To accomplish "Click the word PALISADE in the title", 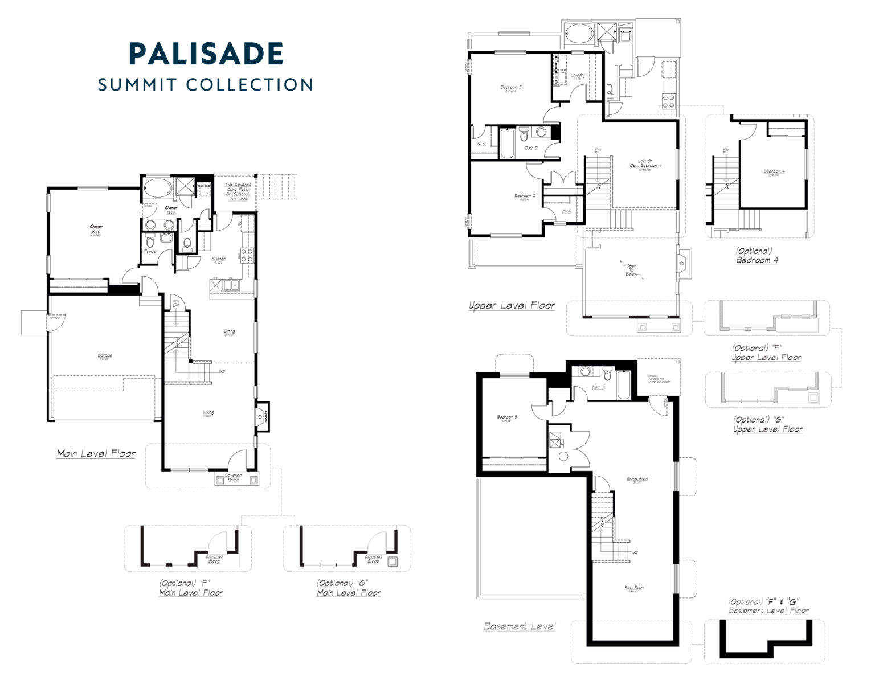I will pos(206,54).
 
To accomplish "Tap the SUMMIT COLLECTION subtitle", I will pos(206,84).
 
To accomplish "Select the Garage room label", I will pos(105,357).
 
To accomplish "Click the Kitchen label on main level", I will pos(219,260).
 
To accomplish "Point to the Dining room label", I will pos(230,332).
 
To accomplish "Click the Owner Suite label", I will pos(96,229).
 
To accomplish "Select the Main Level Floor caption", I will pos(96,454).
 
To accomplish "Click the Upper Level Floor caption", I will pos(512,306).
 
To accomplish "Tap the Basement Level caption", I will pos(520,626).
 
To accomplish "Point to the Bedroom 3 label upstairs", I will pos(511,88).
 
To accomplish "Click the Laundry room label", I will pos(578,76).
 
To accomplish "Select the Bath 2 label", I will pos(530,148).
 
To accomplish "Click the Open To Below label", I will pos(631,269).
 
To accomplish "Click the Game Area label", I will pos(637,480).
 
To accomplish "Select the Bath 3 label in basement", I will pos(598,387).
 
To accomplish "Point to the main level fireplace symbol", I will pos(261,416).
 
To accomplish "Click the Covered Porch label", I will pos(234,477).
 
